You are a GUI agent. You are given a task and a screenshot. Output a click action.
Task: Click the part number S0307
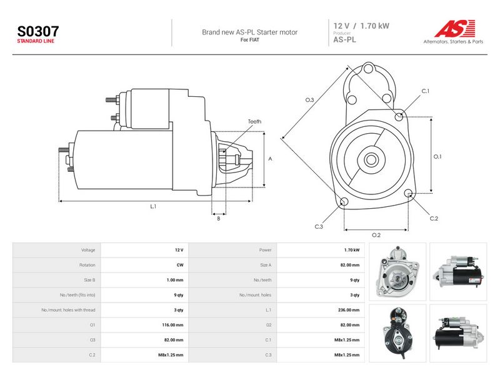click(38, 31)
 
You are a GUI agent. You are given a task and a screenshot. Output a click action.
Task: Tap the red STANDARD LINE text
click(36, 41)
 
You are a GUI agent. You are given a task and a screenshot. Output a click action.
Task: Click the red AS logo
click(455, 28)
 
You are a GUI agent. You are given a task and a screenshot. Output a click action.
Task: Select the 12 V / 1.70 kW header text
click(361, 26)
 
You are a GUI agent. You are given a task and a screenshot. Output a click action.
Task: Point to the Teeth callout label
click(254, 121)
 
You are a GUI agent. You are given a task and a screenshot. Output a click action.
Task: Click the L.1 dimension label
click(153, 207)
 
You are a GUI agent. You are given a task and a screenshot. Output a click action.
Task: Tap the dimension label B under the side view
click(218, 219)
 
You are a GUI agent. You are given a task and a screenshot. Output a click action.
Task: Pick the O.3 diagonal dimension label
click(309, 100)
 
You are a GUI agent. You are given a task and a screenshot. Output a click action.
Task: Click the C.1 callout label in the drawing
click(426, 91)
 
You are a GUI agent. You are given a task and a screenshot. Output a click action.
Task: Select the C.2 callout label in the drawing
click(434, 219)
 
